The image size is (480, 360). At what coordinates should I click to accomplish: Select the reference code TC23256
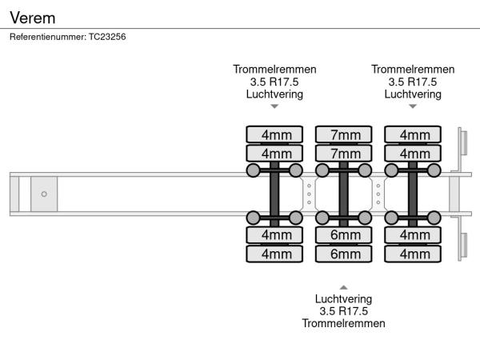click(106, 37)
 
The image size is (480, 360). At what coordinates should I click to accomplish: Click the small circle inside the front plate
click(44, 194)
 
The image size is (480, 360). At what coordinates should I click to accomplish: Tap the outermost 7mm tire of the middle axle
click(344, 134)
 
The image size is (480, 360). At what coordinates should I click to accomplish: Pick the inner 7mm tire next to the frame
click(344, 153)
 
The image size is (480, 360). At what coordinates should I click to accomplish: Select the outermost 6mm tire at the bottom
click(344, 254)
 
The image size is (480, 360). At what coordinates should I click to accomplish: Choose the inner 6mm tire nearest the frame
click(344, 234)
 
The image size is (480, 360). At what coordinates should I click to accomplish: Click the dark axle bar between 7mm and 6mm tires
click(344, 194)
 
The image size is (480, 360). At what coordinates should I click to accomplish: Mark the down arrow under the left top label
click(274, 106)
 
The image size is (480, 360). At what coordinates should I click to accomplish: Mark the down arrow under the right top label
click(413, 106)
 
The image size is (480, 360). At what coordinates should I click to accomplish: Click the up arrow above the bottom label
click(343, 287)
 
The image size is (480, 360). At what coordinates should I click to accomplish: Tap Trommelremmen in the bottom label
click(344, 323)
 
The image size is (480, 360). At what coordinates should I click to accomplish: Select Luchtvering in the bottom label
click(344, 299)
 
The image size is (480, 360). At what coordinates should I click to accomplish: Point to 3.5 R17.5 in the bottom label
click(344, 311)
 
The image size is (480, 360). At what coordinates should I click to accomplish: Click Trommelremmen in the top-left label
click(274, 70)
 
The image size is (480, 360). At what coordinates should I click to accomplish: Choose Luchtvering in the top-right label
click(413, 94)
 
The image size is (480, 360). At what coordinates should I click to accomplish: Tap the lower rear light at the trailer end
click(462, 244)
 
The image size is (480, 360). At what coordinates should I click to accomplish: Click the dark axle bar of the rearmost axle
click(413, 194)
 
